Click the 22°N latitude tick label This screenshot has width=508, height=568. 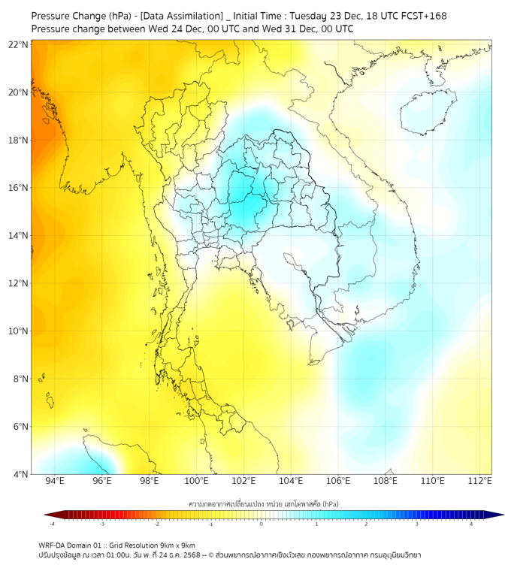(x=19, y=44)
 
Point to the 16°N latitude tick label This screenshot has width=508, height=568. (x=19, y=188)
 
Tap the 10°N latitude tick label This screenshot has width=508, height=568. (x=19, y=331)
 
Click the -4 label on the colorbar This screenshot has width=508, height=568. (x=52, y=524)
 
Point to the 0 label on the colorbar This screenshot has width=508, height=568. (x=262, y=524)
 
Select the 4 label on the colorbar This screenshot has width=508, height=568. (x=471, y=524)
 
